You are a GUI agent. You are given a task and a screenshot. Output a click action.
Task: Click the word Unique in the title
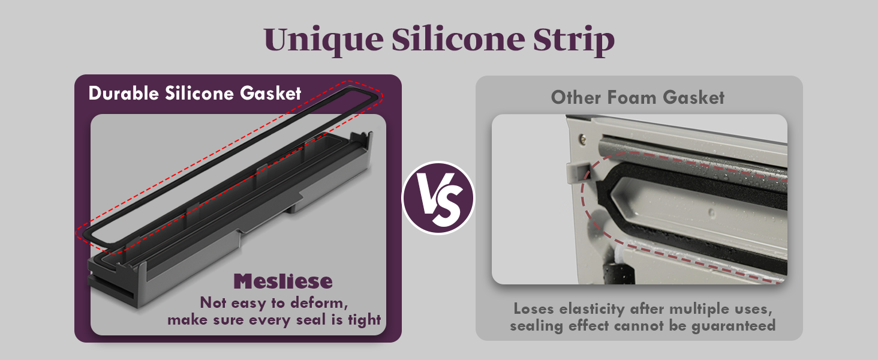click(324, 40)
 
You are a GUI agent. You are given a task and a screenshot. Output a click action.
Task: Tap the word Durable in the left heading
click(124, 94)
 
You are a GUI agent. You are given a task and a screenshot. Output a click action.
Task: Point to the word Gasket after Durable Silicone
click(270, 94)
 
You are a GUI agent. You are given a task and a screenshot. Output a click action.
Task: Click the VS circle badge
click(438, 198)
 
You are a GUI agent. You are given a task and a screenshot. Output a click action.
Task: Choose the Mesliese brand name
click(283, 281)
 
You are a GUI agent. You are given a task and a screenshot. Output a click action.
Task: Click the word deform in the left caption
click(318, 303)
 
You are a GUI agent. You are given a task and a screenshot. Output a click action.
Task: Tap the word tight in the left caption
click(365, 320)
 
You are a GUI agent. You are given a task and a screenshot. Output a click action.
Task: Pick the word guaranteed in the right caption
click(733, 326)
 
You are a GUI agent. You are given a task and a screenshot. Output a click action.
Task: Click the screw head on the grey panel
click(583, 139)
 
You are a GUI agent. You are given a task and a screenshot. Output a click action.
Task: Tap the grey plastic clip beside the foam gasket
click(576, 173)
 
